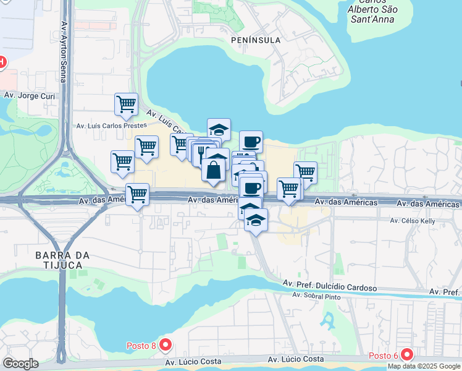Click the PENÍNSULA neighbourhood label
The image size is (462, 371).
point(255,40)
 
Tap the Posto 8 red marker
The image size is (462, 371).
point(165,344)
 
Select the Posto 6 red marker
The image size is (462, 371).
point(406,354)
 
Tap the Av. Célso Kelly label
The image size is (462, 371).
point(413,220)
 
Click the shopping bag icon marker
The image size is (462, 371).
point(213,170)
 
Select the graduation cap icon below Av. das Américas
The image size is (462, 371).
point(256,220)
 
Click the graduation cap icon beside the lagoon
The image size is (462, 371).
point(219,129)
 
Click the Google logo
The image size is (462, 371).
point(21,364)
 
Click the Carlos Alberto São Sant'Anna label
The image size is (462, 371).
point(372,10)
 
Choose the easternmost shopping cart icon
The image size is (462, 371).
point(305,173)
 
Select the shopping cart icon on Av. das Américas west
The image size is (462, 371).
point(137,195)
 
